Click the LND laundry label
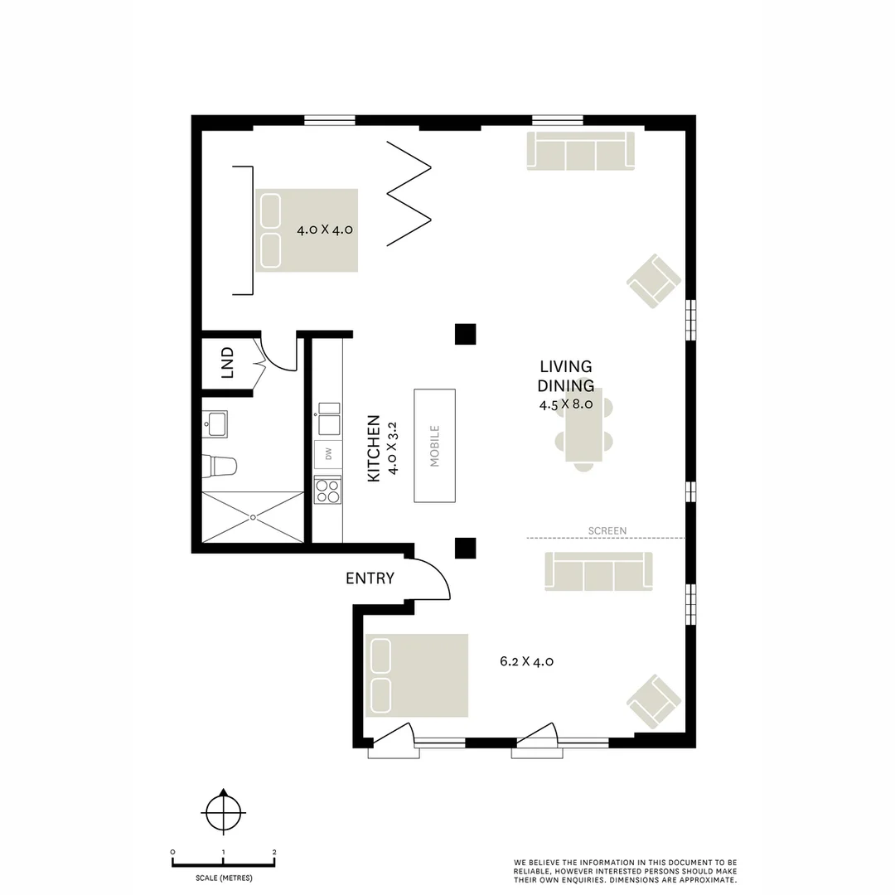coord(228,362)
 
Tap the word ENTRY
coord(370,578)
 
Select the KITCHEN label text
coord(373,448)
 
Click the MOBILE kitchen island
coord(434,445)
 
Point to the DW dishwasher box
coord(328,454)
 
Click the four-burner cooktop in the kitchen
coord(328,491)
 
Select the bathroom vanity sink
coord(217,424)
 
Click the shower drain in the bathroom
coord(253,516)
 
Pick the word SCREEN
coord(607,530)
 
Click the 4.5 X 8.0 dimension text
coord(565,404)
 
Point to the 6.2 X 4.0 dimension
coord(526,661)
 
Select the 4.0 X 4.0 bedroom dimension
coord(325,230)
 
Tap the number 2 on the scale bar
coord(274,852)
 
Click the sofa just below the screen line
coord(598,572)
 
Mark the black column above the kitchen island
coord(465,333)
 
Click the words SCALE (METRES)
coord(224,878)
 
